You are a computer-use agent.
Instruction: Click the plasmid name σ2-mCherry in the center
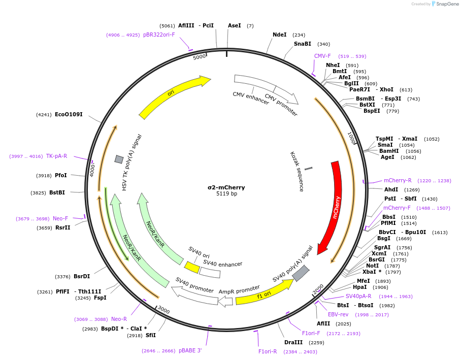226,187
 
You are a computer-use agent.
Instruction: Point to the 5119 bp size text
226,194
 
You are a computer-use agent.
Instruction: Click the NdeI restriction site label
280,35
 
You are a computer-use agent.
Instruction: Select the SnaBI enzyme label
303,44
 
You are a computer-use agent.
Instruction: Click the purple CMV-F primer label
322,56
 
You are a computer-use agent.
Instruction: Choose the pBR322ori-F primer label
159,35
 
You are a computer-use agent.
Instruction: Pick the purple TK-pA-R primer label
56,156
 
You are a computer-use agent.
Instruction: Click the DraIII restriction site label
293,342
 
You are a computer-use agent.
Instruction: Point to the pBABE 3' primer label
190,350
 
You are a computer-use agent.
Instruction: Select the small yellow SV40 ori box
192,267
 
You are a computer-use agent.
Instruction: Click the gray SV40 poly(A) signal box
301,273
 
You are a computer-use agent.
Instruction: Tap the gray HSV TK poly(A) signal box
119,159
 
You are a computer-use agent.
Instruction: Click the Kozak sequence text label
297,172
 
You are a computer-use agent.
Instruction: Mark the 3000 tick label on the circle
163,309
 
